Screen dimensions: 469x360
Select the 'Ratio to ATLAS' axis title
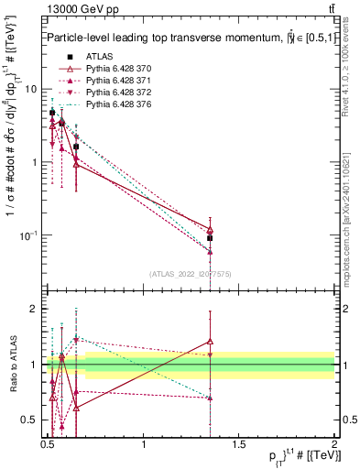(x=12, y=364)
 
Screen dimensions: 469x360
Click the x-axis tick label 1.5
(x=239, y=443)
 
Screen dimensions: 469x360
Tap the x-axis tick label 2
(x=334, y=443)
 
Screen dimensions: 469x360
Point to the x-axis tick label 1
(x=144, y=443)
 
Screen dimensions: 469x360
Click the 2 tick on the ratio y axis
(x=35, y=309)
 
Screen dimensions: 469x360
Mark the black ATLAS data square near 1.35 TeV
(x=211, y=238)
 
